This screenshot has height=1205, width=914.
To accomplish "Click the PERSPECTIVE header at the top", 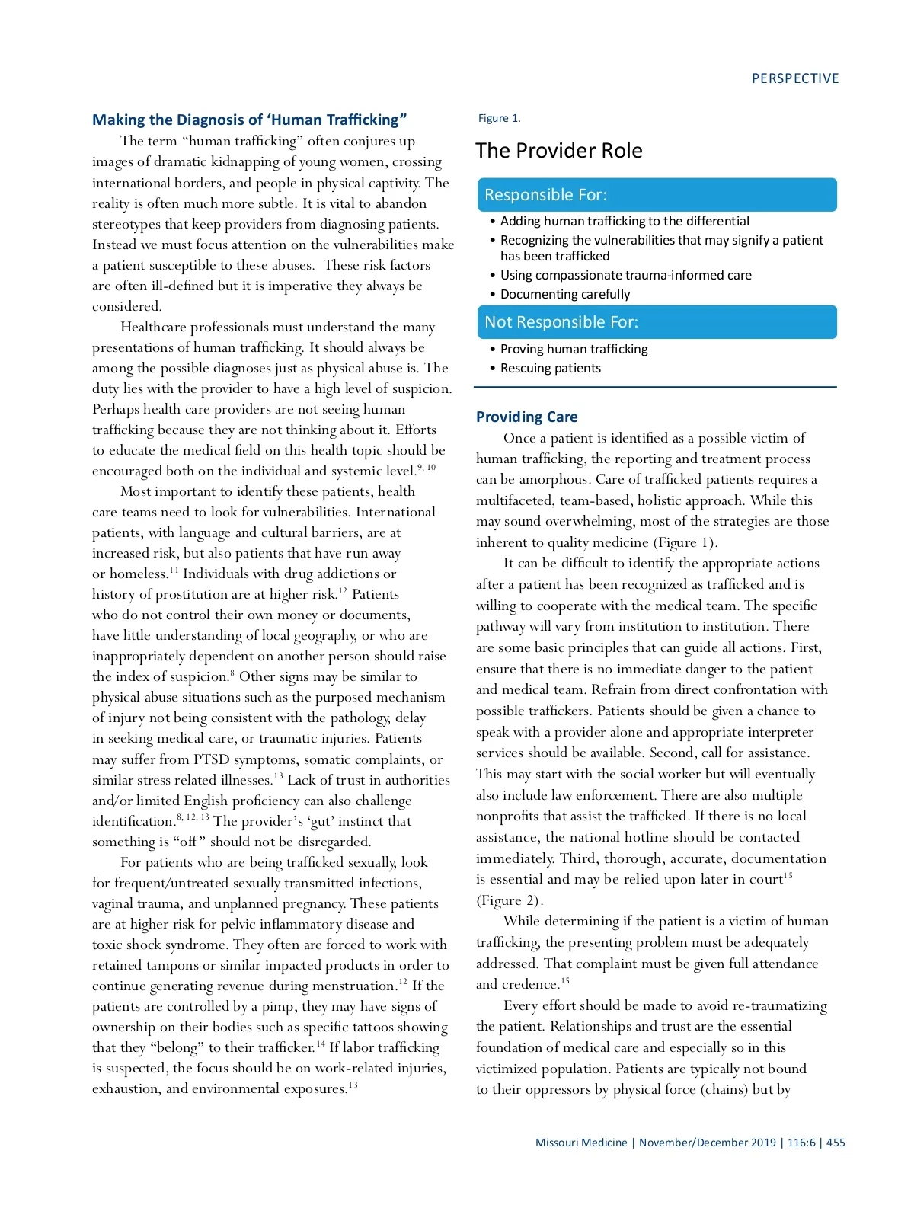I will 794,78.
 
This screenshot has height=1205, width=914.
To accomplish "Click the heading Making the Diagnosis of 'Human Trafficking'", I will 249,120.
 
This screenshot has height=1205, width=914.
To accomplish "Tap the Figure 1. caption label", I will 499,118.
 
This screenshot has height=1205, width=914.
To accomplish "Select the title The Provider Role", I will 558,150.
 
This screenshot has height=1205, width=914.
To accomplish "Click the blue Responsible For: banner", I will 657,195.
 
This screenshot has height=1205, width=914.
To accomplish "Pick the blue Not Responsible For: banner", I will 657,322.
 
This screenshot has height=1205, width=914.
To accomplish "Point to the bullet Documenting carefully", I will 564,294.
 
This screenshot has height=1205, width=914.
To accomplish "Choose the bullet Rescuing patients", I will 550,368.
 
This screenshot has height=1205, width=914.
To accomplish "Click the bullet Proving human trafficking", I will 574,349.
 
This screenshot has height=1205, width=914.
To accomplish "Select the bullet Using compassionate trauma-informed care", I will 625,275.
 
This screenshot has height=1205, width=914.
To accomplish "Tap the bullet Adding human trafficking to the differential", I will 625,221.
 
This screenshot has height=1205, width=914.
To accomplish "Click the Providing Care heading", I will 526,417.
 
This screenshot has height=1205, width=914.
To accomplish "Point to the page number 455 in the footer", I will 836,1143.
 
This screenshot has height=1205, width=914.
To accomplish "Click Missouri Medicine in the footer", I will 581,1143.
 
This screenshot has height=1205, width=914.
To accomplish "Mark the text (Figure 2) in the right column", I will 509,900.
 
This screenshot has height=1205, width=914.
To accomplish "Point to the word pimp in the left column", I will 277,1006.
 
